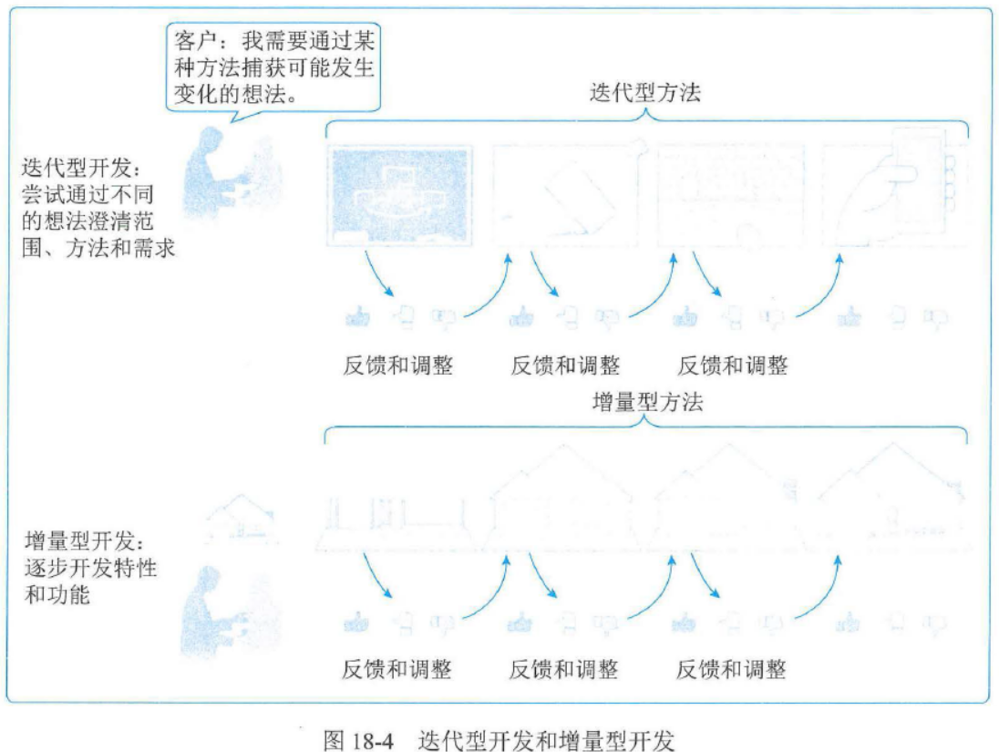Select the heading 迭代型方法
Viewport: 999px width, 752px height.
coord(644,92)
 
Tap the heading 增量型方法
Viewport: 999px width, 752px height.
coord(646,402)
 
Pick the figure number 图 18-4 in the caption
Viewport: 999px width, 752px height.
coord(358,739)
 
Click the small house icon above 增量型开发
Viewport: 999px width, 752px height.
coord(236,517)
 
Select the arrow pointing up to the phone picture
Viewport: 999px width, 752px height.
coord(825,283)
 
